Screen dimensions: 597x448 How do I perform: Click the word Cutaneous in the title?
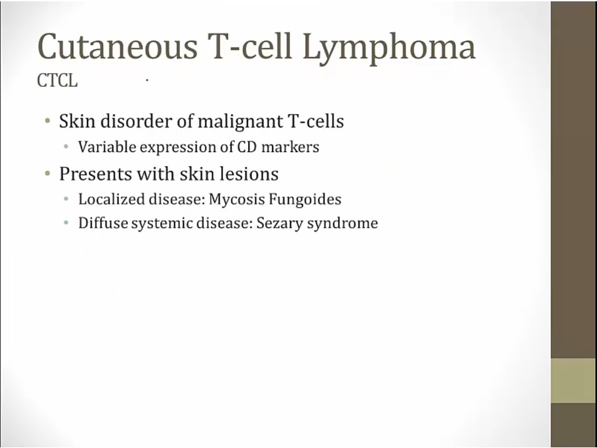[x=117, y=46]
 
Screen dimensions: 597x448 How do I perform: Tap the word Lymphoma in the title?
[x=389, y=48]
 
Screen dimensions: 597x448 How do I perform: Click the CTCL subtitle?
[x=57, y=80]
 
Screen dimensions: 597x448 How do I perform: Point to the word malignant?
[x=241, y=122]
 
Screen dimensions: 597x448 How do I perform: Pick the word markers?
[x=291, y=147]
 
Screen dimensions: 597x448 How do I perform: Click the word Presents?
[x=95, y=174]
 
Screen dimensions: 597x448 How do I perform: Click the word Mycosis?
[x=236, y=200]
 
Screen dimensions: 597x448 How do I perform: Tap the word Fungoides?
[x=305, y=200]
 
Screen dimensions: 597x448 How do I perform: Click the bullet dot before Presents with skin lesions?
[x=48, y=174]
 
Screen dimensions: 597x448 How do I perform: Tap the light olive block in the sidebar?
[x=573, y=380]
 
